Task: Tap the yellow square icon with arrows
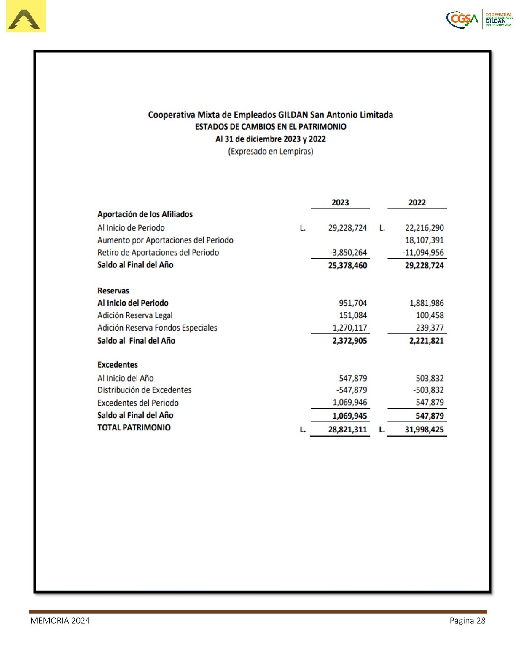[26, 17]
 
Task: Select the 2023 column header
[340, 203]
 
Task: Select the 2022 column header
[417, 203]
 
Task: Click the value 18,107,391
[424, 240]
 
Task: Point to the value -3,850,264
[348, 253]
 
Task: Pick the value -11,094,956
[423, 253]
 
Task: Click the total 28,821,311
[347, 430]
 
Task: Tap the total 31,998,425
[424, 430]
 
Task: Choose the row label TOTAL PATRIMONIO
[134, 427]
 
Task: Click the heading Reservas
[113, 291]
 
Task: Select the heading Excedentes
[118, 365]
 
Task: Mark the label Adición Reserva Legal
[135, 315]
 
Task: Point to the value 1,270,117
[349, 328]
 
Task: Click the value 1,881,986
[426, 303]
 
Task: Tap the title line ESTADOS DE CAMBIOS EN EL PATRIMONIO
[270, 127]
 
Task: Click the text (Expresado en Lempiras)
[270, 151]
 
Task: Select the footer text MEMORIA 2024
[60, 620]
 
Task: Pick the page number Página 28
[468, 620]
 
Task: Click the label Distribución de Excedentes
[144, 390]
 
